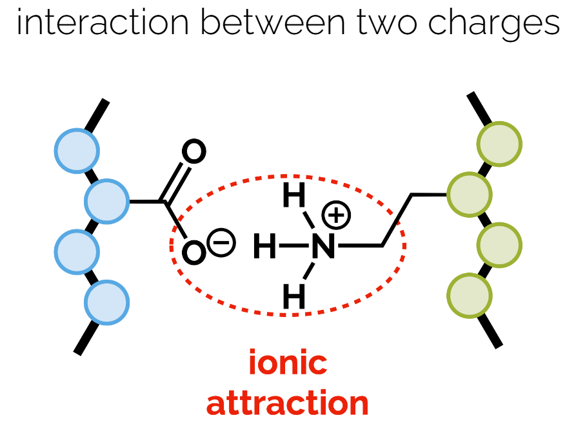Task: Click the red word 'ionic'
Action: tap(288, 363)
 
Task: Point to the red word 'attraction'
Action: tap(288, 403)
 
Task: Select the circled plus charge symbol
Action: tap(336, 215)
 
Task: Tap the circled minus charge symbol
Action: tap(221, 242)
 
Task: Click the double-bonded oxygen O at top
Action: tap(194, 152)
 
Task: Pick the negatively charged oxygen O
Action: tap(194, 253)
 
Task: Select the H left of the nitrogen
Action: tap(264, 246)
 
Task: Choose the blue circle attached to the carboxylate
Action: tap(107, 202)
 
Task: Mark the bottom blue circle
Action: tap(107, 302)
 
